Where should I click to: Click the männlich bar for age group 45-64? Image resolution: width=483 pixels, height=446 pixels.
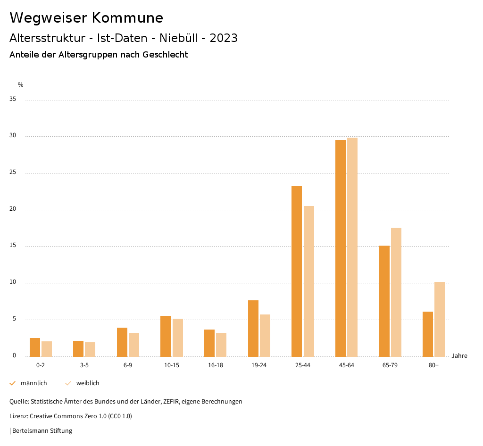pos(340,248)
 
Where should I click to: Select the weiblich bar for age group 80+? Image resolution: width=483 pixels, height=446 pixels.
pos(439,319)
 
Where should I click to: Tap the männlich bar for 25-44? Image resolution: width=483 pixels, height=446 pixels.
pos(297,271)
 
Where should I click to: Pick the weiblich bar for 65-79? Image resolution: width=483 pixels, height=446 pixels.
pos(396,292)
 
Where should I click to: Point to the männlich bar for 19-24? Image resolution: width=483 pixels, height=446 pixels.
pos(253,328)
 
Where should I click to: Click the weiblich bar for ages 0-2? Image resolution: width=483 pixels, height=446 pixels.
pos(47,349)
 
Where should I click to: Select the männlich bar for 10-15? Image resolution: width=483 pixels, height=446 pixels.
pos(166,336)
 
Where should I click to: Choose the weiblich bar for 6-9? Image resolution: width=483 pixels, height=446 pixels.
pos(134,345)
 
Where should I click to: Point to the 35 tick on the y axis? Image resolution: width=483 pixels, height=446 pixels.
pos(13,99)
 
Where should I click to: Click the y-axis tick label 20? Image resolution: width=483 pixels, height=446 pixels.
pos(13,209)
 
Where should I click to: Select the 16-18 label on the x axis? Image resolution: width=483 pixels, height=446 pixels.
pos(215,366)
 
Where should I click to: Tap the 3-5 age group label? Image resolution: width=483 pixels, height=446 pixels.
pos(84,366)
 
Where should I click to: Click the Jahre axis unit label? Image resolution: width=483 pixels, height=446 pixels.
pos(459,356)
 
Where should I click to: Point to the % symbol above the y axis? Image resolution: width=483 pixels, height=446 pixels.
pos(21,85)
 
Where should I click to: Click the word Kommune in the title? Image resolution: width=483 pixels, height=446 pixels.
pos(127,18)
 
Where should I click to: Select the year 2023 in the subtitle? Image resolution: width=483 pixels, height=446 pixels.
pos(224,38)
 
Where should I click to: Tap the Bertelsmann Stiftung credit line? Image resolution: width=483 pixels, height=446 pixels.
pos(42,431)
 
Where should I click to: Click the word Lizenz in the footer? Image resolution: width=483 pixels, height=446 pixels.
pos(18,416)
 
